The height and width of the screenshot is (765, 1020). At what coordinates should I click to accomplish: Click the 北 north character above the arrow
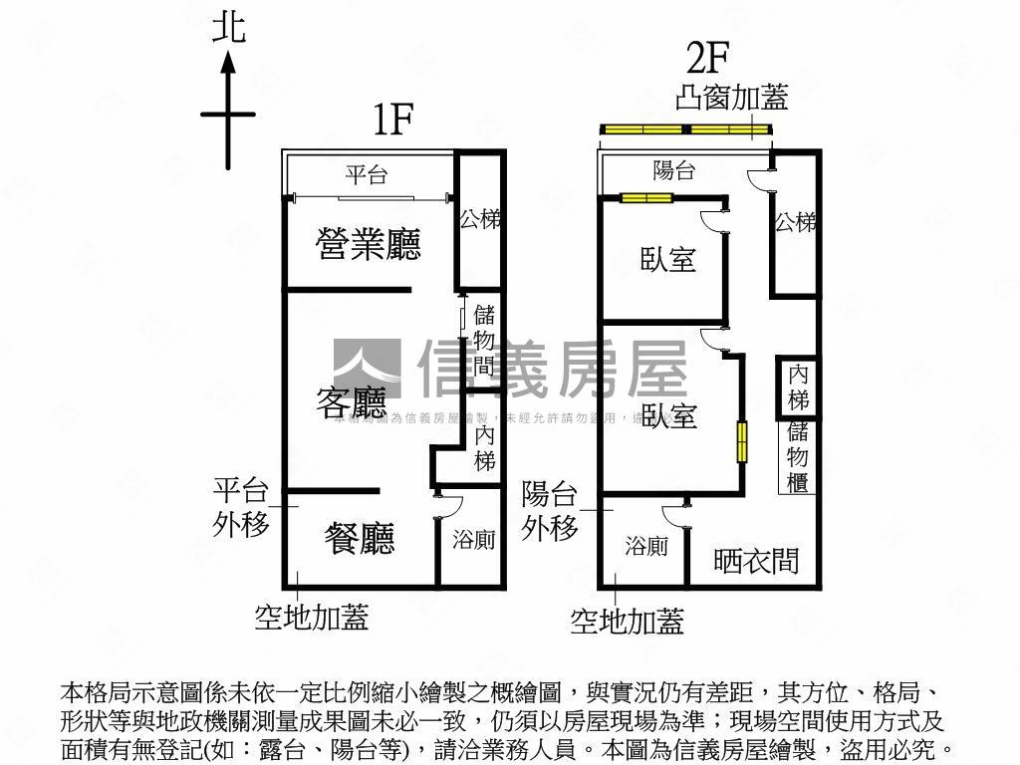(228, 27)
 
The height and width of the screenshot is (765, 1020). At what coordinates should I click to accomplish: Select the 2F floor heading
(709, 60)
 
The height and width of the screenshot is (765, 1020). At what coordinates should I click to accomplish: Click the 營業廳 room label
(369, 244)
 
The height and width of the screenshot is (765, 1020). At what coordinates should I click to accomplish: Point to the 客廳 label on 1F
(351, 403)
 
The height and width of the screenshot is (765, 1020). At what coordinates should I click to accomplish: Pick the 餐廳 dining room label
(360, 538)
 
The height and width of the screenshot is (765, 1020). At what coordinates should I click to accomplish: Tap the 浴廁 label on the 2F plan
(646, 546)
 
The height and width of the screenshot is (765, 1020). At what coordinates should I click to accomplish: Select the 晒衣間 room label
(757, 561)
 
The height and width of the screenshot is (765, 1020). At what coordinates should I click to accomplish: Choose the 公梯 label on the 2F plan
(796, 222)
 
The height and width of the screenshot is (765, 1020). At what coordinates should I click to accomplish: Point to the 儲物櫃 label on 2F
(798, 456)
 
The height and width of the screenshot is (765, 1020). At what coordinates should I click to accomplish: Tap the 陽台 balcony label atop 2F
(674, 170)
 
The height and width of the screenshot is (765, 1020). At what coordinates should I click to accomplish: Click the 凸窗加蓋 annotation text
(731, 98)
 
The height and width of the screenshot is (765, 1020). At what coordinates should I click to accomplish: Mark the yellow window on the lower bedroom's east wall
(742, 442)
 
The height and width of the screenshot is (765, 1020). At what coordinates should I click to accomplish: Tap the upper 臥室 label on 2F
(667, 260)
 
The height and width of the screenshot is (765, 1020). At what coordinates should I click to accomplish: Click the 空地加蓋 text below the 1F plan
(312, 618)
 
